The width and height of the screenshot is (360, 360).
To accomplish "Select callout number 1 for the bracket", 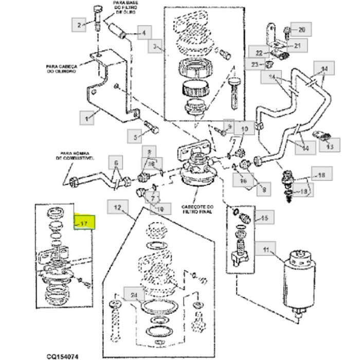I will point(87,118).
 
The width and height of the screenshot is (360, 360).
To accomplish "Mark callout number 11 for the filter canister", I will point(266,250).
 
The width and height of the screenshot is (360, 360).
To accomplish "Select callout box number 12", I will point(117,208).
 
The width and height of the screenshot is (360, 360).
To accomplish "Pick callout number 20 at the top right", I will point(301,29).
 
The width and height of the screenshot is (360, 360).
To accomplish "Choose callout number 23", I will point(255,64).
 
